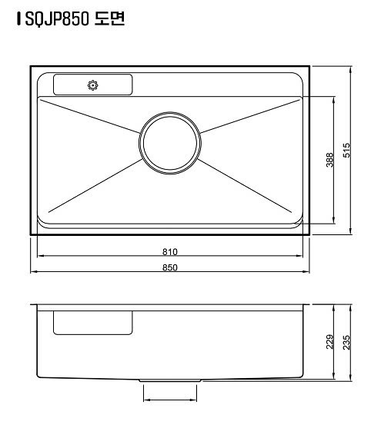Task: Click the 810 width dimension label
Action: click(170, 251)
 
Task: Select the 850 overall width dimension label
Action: click(170, 267)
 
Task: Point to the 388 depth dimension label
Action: click(329, 160)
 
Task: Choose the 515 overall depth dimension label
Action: click(346, 150)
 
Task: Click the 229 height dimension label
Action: click(329, 341)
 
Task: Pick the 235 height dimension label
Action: click(346, 341)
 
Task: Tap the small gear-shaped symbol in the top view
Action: click(93, 85)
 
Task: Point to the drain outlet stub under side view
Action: click(170, 381)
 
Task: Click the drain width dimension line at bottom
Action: click(170, 400)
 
